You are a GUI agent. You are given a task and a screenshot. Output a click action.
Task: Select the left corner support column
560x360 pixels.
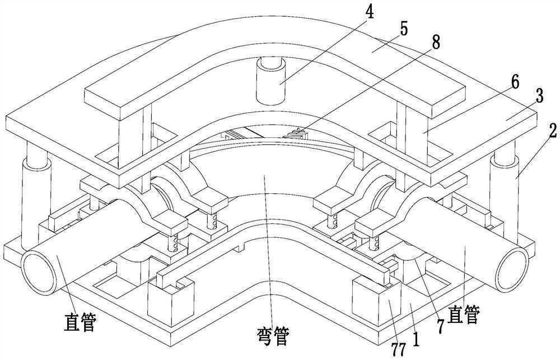35,202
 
